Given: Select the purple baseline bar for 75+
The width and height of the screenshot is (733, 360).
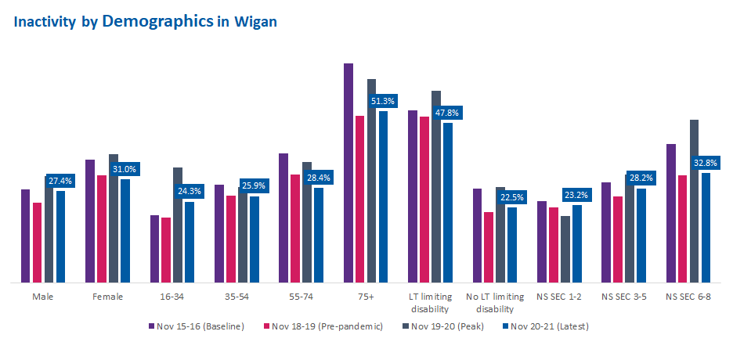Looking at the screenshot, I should (x=348, y=172).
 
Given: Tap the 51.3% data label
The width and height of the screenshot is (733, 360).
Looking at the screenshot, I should (x=384, y=101).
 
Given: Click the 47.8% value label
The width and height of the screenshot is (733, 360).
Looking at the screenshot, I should (x=448, y=113).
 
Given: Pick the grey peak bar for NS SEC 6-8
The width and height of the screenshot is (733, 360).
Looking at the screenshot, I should (x=694, y=200).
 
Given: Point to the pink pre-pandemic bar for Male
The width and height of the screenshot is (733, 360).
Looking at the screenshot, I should (x=37, y=242).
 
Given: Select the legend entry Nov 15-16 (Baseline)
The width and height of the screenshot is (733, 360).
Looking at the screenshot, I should (x=197, y=326).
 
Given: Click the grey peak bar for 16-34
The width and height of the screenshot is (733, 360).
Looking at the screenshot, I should (x=178, y=225).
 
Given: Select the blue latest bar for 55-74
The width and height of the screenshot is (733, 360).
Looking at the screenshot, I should (x=319, y=235).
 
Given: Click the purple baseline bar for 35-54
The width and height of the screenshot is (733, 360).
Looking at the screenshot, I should (x=219, y=233).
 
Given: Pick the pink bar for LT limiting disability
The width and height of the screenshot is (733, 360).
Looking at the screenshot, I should (x=424, y=199).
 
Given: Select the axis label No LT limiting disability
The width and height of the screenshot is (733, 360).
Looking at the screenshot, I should (x=495, y=302).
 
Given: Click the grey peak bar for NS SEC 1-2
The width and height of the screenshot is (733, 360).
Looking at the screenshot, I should (x=565, y=249).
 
